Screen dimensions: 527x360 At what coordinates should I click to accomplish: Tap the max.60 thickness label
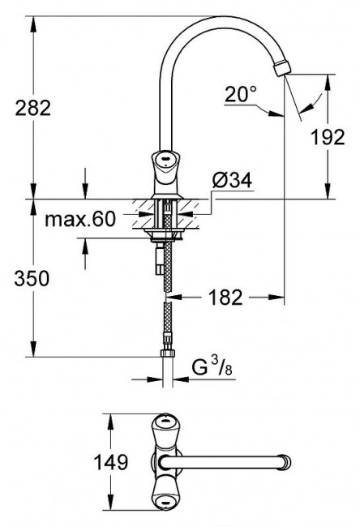[x=80, y=219]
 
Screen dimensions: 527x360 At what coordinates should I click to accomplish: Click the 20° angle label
[x=240, y=94]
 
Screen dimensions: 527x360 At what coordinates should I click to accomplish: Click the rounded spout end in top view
[x=285, y=463]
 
